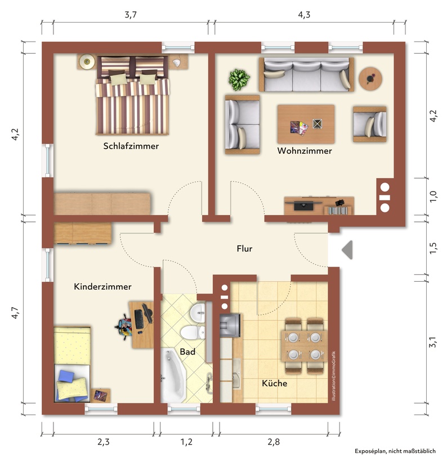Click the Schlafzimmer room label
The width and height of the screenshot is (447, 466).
point(131,146)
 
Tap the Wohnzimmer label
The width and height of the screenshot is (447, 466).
point(305,150)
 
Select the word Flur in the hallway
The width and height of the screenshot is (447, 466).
point(244,248)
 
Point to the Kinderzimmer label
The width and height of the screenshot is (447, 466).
point(102,286)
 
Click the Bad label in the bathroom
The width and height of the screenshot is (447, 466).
point(187,352)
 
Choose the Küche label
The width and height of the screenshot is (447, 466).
point(274,383)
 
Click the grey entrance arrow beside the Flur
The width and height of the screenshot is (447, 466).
point(347,250)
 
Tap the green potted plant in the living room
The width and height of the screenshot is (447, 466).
point(239,79)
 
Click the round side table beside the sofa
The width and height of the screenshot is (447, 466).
point(370,79)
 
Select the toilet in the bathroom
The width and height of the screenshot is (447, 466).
point(193,332)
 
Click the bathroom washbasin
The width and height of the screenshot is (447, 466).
point(198,313)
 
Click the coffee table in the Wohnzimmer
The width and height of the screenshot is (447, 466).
point(306,124)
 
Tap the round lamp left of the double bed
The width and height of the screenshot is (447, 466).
point(87,62)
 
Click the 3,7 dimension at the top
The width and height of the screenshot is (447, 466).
point(131,15)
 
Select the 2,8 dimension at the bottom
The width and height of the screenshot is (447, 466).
point(274,442)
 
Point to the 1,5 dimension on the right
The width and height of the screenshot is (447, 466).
point(433,248)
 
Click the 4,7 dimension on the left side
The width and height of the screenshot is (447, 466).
point(15,313)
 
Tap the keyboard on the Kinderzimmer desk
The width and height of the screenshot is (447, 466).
point(138,319)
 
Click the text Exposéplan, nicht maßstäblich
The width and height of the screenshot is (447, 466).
point(395,451)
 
